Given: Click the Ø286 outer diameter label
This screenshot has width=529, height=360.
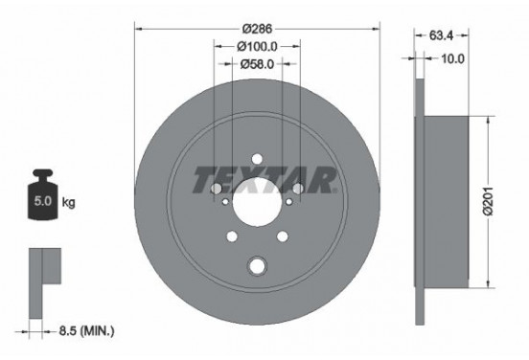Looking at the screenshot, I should [257, 29].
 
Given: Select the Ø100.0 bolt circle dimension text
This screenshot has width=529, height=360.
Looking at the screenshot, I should [257, 46].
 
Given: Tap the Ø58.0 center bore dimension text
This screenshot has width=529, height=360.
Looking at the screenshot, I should [257, 64].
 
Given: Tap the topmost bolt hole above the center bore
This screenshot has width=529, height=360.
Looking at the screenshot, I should [257, 160].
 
